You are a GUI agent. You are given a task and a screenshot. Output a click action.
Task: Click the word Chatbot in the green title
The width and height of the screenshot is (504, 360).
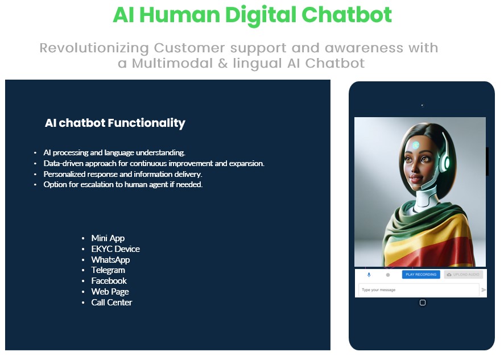coord(346,14)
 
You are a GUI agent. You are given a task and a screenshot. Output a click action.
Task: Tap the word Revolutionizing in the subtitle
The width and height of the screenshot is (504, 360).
coord(94,48)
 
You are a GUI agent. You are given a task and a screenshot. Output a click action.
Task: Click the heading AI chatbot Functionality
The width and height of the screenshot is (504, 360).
coord(115,123)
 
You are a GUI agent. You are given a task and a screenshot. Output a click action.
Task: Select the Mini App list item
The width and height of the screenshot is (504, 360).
coord(108,238)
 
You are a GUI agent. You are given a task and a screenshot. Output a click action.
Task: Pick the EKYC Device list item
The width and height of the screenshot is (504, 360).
coord(115,249)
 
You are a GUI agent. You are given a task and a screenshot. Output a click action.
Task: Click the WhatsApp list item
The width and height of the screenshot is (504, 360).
coord(110,260)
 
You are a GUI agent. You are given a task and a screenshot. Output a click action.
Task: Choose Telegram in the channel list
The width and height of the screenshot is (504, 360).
coord(108,270)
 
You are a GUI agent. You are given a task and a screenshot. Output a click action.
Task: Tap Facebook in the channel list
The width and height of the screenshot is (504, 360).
coord(109,280)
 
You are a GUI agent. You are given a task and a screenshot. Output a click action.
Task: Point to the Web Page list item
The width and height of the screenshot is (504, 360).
coord(110,292)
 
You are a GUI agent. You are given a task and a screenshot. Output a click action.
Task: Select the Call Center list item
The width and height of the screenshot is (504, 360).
coord(111,302)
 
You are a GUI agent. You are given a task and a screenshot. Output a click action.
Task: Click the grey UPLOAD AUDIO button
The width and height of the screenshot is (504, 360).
coord(463,275)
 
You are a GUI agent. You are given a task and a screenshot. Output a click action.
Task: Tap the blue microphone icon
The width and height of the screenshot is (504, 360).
coord(369,275)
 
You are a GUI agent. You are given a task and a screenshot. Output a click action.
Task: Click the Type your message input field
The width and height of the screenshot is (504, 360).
coord(419,290)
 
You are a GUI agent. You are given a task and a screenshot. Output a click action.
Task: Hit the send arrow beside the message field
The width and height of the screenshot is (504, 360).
coord(484,290)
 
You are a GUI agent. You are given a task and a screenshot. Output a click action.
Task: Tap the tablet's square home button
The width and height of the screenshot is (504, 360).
coord(422,303)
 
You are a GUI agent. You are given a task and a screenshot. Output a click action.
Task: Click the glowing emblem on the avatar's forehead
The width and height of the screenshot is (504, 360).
coord(416,145)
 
